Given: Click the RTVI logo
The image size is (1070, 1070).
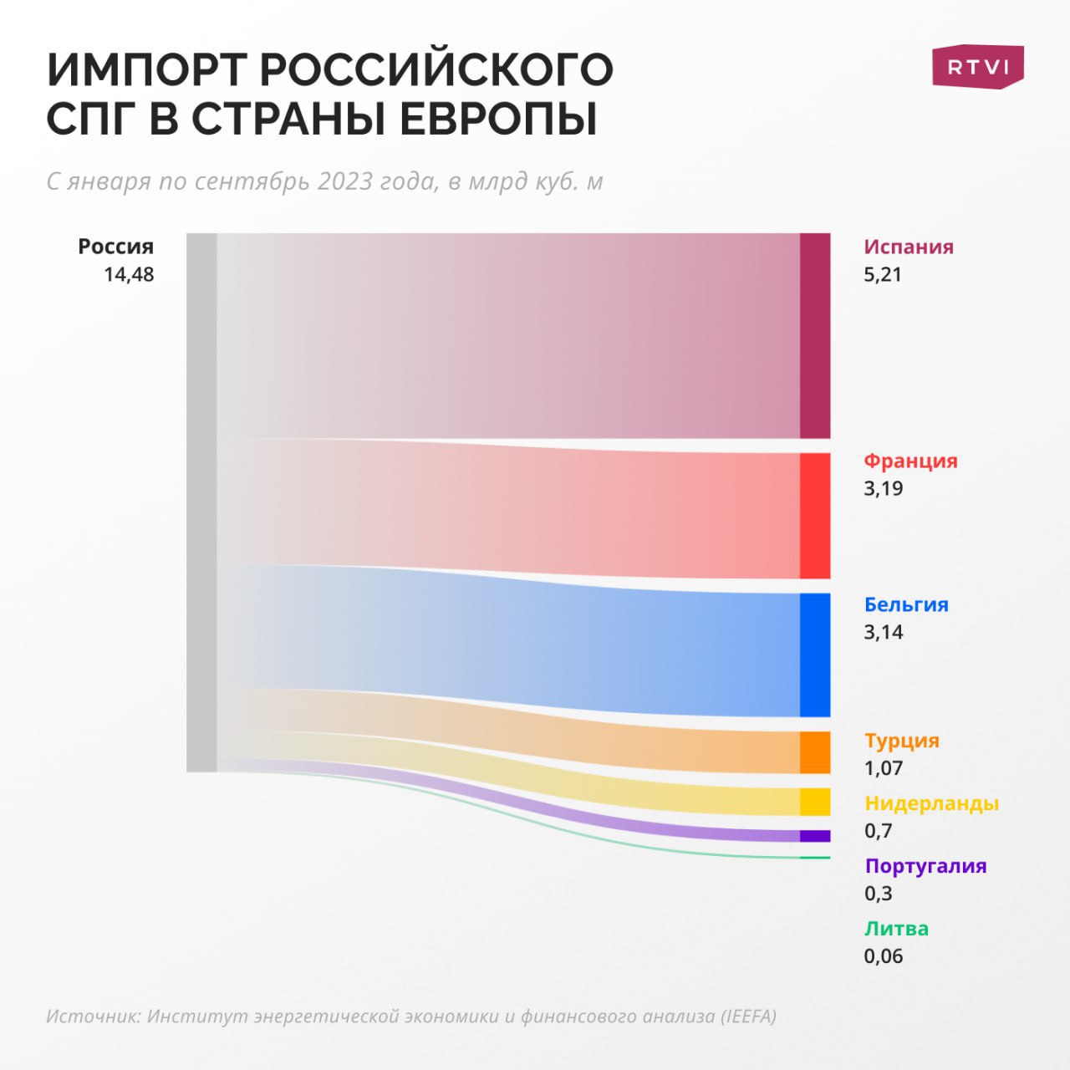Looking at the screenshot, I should click(977, 66).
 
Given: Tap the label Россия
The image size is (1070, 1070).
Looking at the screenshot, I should click(116, 247).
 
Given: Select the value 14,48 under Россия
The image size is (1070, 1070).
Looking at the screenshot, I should click(129, 274).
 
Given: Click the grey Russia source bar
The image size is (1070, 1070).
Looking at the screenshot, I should click(201, 502).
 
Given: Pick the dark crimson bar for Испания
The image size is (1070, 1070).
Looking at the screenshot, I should click(815, 336).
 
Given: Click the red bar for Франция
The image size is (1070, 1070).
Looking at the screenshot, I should click(815, 516).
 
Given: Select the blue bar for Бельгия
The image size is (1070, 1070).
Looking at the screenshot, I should click(815, 655).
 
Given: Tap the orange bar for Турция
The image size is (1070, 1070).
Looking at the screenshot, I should click(815, 752).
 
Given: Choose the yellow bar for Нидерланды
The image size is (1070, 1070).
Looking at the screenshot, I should click(815, 802).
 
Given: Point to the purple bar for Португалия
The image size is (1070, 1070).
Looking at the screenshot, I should click(815, 836).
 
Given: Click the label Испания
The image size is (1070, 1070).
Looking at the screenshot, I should click(909, 247).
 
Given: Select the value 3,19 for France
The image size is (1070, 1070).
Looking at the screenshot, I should click(884, 488).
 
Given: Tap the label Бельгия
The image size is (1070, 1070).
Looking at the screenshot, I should click(906, 604).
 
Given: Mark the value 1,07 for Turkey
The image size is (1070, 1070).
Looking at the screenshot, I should click(884, 767).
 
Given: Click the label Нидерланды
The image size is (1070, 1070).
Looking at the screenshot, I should click(931, 803).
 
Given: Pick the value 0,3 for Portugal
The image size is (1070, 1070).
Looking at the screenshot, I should click(879, 893).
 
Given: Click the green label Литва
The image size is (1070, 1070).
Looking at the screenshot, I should click(896, 928).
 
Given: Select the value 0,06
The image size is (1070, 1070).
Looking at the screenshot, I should click(884, 955).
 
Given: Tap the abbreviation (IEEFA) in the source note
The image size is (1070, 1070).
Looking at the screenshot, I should click(749, 1016).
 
